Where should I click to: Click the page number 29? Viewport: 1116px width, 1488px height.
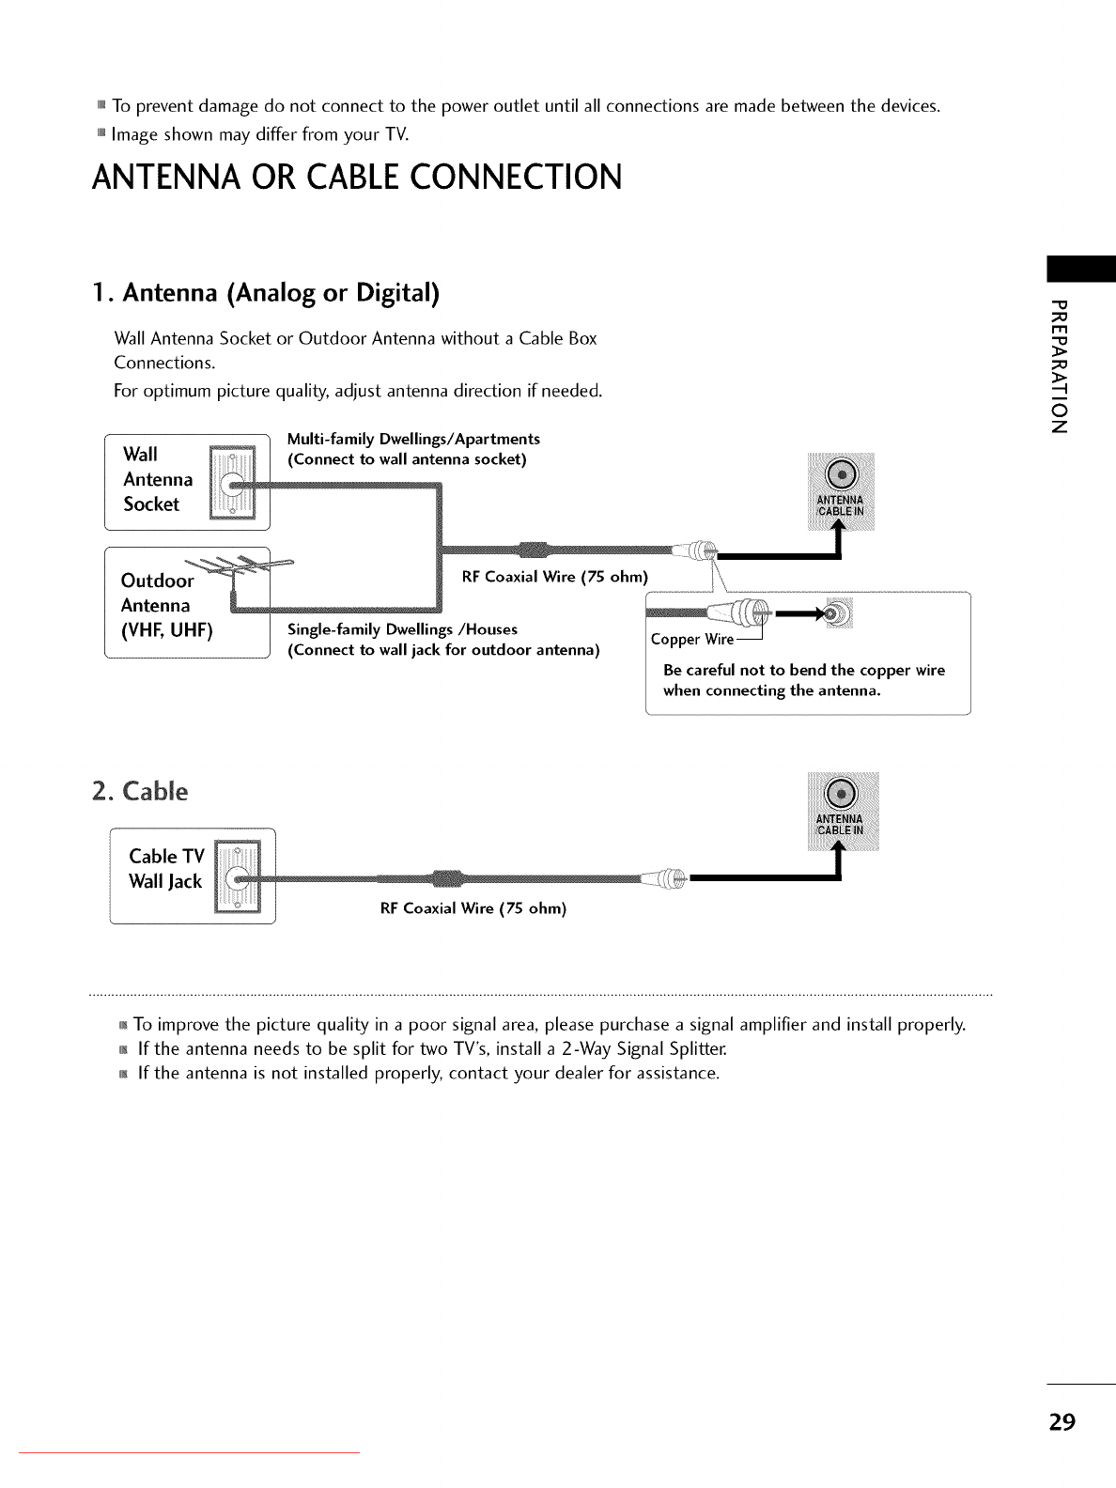[1062, 1420]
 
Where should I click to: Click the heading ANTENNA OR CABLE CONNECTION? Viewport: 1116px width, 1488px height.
[357, 177]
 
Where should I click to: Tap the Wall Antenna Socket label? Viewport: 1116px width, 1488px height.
[157, 479]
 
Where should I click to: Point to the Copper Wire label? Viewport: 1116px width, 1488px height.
[691, 640]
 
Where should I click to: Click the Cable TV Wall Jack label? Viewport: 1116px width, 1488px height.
[165, 868]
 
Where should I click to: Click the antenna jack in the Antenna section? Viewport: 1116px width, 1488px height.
[842, 472]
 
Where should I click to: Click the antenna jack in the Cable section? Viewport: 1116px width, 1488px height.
[843, 794]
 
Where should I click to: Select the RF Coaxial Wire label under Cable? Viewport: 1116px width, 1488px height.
[473, 908]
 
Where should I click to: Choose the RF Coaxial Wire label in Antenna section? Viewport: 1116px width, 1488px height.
[554, 576]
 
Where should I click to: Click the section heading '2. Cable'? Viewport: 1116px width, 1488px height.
[140, 791]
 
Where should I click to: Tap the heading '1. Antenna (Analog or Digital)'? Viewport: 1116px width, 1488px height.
[266, 293]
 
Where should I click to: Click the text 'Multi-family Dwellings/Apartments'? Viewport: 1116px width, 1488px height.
[413, 439]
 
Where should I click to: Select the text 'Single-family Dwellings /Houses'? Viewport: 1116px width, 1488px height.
[402, 629]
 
